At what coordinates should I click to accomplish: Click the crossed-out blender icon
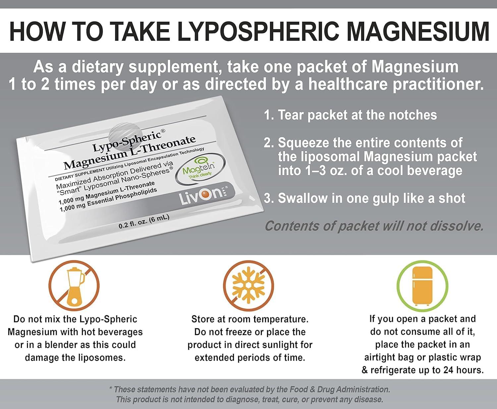[74, 287]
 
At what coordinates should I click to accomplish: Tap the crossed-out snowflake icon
[248, 287]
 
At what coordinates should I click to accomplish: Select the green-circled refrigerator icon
[422, 287]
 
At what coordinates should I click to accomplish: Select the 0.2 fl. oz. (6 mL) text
[144, 222]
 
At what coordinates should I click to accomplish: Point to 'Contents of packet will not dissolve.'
[374, 226]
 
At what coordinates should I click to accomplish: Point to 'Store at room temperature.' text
[250, 319]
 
